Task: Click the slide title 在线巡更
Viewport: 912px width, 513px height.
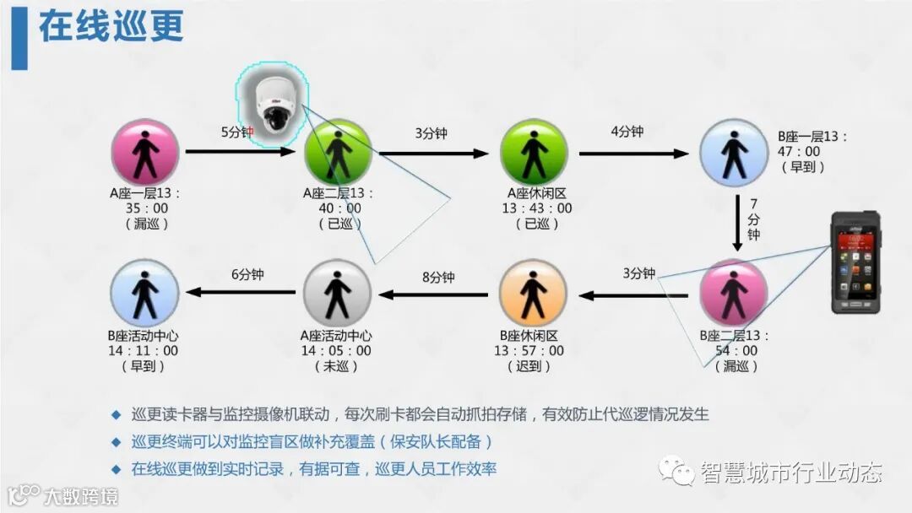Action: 111,28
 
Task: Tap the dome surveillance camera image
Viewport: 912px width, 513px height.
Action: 272,101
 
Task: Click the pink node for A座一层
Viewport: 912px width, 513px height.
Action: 145,153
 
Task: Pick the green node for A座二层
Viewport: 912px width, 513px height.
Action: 338,153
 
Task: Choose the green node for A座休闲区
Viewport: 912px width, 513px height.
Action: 533,153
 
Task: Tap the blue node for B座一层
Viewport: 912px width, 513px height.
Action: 734,153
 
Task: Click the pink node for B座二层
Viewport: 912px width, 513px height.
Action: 734,293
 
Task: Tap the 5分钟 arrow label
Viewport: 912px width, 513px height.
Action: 237,132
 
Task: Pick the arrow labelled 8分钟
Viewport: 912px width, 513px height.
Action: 434,294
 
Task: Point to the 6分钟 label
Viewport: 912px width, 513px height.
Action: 247,274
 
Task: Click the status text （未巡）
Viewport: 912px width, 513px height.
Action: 338,367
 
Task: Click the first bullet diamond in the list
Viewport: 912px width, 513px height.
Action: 117,414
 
